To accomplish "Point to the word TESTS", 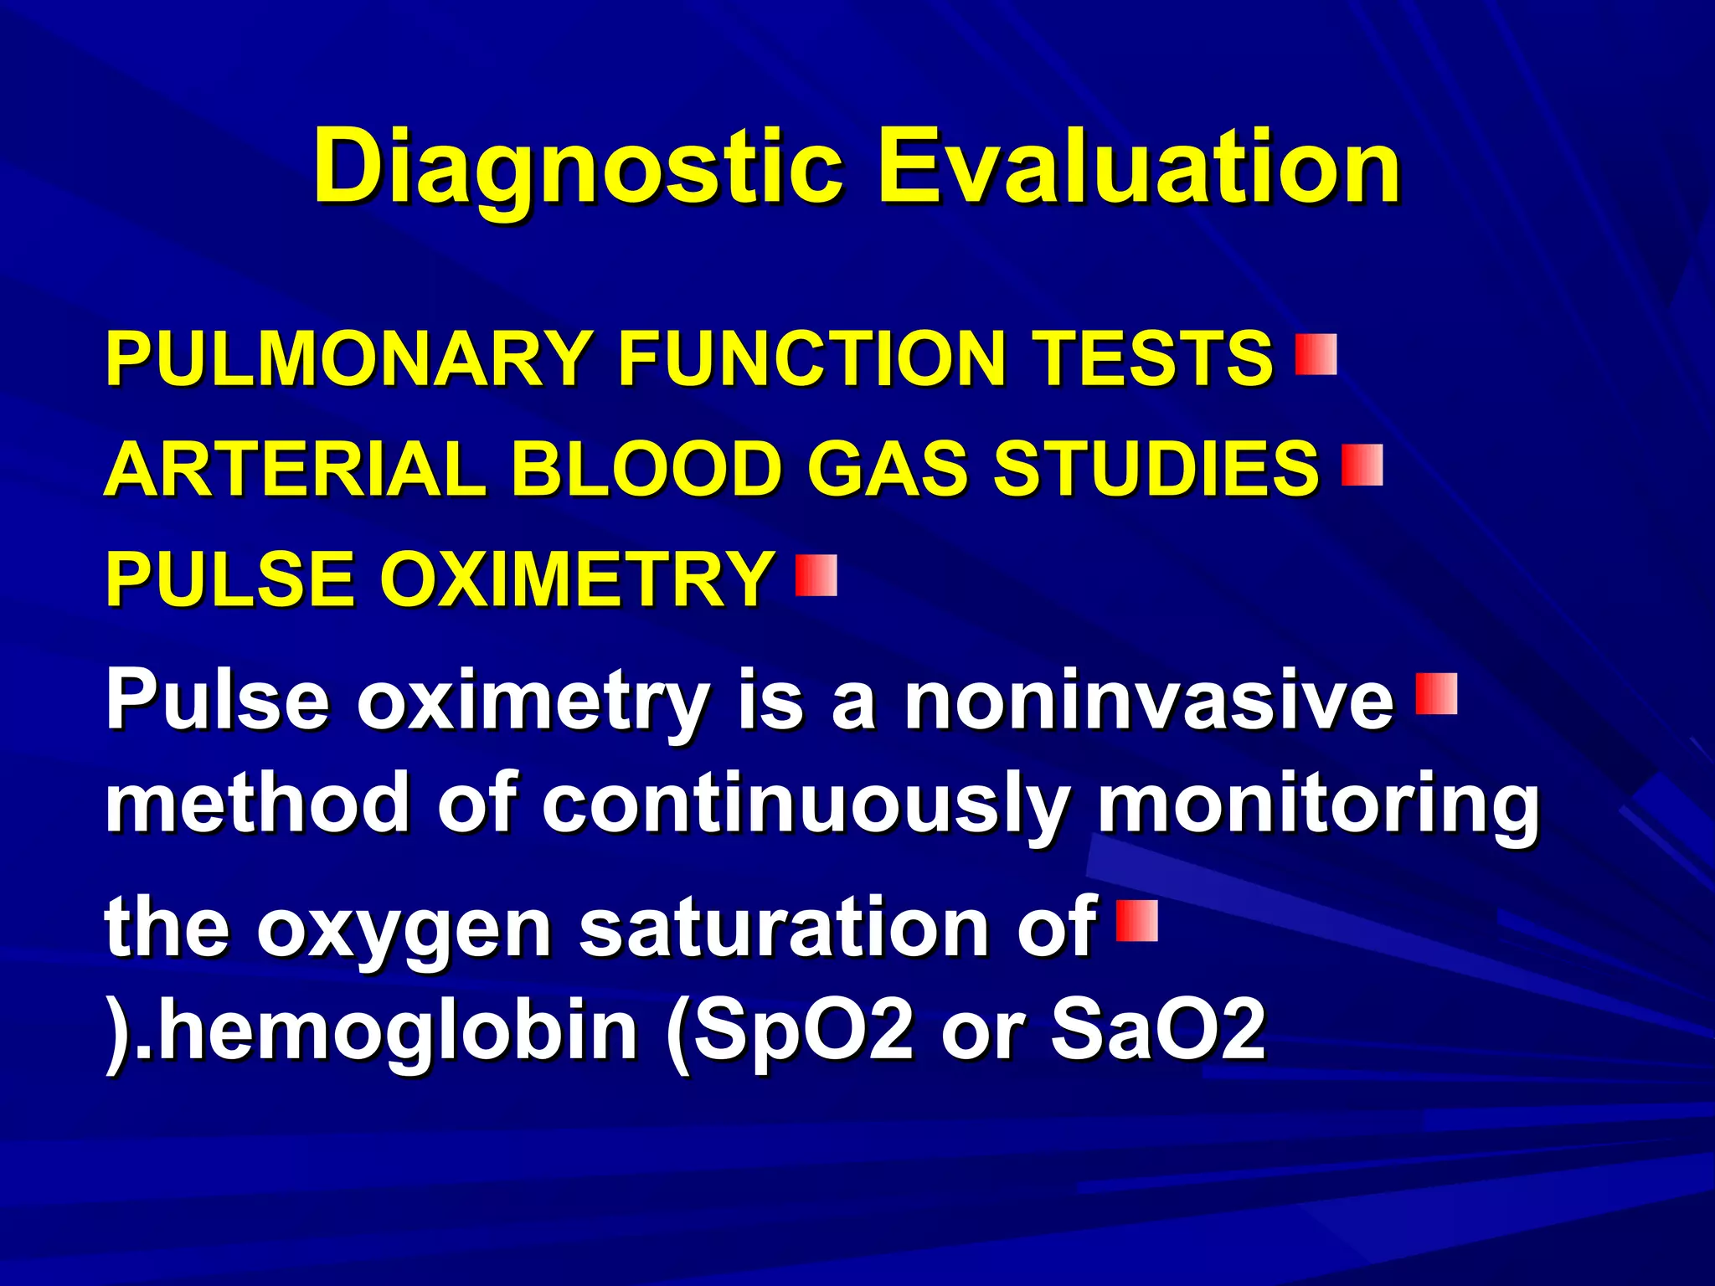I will click(x=1152, y=358).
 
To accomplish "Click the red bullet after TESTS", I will click(x=1316, y=354).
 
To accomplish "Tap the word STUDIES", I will click(x=1156, y=469).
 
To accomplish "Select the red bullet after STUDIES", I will click(x=1362, y=466).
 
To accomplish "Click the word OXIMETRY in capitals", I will click(x=578, y=579).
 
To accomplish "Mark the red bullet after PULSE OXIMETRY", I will click(x=816, y=575).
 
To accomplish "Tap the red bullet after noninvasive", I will click(x=1436, y=694).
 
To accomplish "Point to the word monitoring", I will click(x=1318, y=805).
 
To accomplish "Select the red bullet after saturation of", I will click(x=1137, y=921).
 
